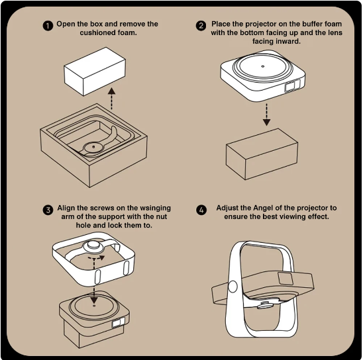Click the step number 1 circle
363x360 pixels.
(x=48, y=26)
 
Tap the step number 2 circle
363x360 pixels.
(x=201, y=26)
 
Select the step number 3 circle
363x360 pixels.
(x=48, y=210)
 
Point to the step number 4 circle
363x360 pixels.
(x=201, y=210)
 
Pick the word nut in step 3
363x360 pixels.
(x=161, y=216)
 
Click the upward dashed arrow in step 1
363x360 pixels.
(x=112, y=99)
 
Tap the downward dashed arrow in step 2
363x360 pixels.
(x=267, y=114)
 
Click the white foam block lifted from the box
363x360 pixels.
(x=95, y=71)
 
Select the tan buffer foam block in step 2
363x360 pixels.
(x=262, y=154)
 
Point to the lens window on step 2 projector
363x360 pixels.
(x=292, y=85)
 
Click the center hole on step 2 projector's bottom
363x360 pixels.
(x=263, y=66)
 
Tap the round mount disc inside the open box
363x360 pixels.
(x=93, y=147)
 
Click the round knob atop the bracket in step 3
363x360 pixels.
(x=93, y=246)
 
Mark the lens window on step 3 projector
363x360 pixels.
(x=119, y=322)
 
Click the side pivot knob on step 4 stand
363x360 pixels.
(x=233, y=287)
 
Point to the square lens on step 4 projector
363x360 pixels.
(x=286, y=279)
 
